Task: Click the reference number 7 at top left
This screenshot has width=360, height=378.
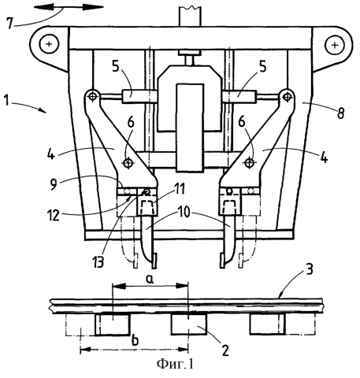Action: click(10, 24)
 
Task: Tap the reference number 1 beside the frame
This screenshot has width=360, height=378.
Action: click(7, 101)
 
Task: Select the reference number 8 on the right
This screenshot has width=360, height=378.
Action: click(340, 113)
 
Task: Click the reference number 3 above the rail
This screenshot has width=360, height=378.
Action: click(310, 269)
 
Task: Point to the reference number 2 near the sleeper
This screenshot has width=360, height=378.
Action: click(225, 350)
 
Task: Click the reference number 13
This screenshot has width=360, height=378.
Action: click(98, 262)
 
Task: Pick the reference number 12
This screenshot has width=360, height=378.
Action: click(54, 215)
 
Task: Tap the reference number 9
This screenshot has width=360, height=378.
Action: click(54, 184)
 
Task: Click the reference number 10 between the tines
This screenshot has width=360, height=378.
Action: click(184, 213)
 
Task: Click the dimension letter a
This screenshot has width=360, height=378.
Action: click(150, 280)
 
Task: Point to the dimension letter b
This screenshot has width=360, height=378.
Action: click(135, 341)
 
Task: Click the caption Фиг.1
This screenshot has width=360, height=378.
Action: click(175, 364)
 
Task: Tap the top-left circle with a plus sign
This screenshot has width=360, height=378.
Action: click(49, 44)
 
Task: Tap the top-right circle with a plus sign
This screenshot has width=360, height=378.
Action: click(335, 45)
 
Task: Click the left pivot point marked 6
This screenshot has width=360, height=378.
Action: click(128, 163)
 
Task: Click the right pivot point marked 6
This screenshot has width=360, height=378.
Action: click(249, 163)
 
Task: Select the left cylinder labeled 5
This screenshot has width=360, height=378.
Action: click(139, 96)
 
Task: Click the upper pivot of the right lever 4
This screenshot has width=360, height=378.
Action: click(287, 97)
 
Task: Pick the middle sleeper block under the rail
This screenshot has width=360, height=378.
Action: click(189, 324)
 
